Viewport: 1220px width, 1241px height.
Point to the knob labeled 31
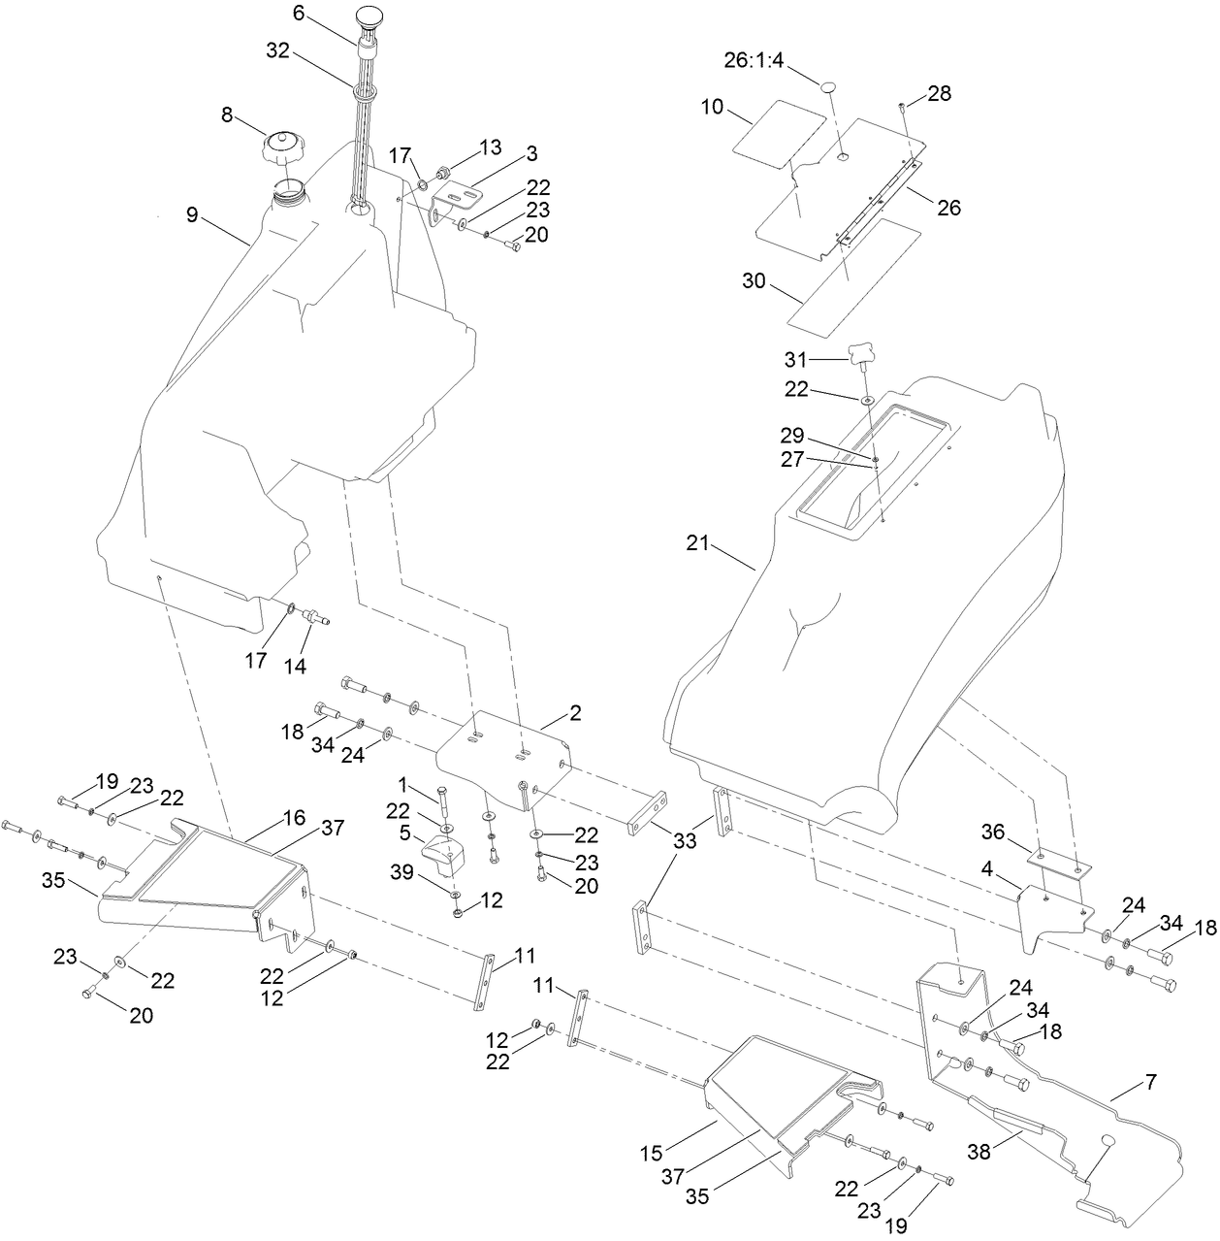point(860,355)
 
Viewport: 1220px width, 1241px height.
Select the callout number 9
point(192,214)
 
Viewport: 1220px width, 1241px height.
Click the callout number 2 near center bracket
point(575,713)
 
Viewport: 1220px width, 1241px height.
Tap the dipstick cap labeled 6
point(370,19)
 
